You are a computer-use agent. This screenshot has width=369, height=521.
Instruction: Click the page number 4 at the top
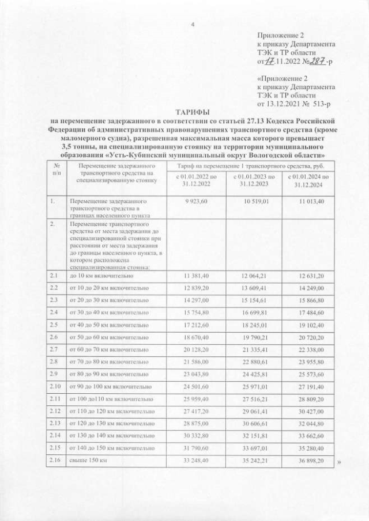click(193, 24)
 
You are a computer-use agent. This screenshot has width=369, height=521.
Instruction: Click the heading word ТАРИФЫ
click(193, 112)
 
